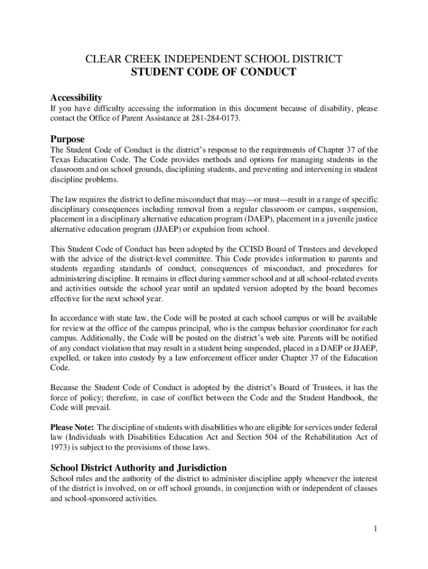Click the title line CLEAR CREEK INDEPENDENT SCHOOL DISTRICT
tap(213, 59)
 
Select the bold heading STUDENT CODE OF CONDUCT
tap(213, 72)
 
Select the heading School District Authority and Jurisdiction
tap(138, 468)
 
